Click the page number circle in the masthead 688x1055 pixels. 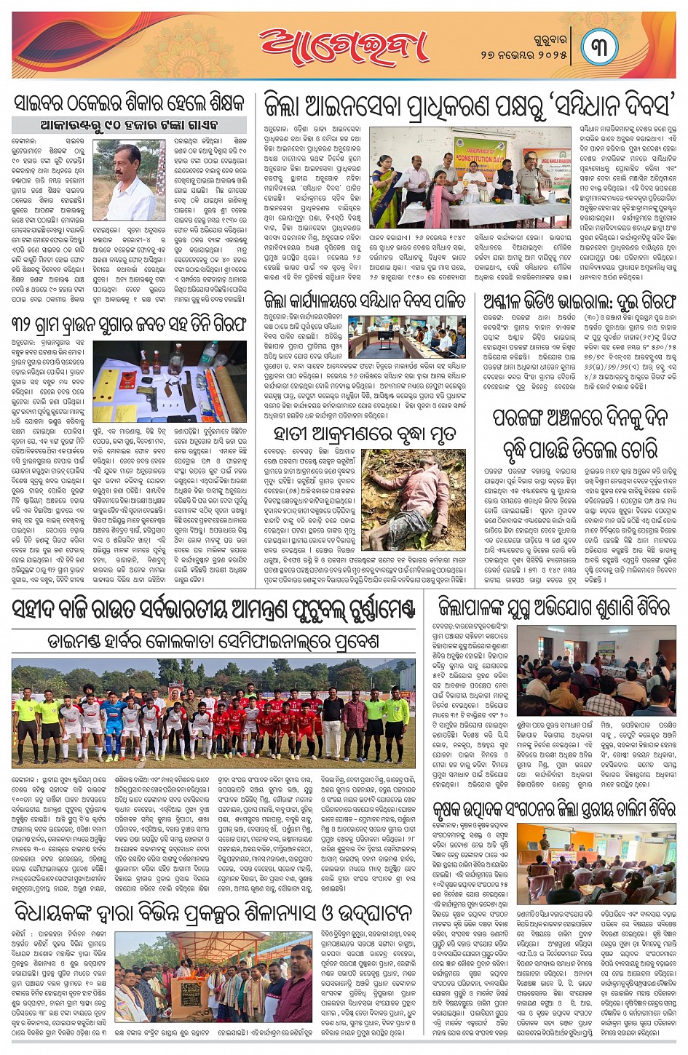coord(599,45)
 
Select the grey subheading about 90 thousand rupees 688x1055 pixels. coord(129,124)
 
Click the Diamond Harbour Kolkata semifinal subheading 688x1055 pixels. coord(213,642)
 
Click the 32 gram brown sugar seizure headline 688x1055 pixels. coord(129,324)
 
